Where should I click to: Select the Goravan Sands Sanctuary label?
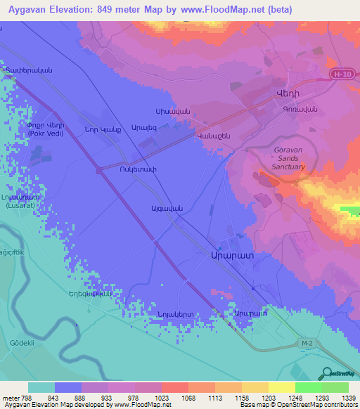coord(288,158)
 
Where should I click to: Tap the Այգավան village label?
coord(148,207)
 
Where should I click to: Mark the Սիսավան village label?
coord(173,112)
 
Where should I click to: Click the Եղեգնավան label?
coord(90,294)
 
